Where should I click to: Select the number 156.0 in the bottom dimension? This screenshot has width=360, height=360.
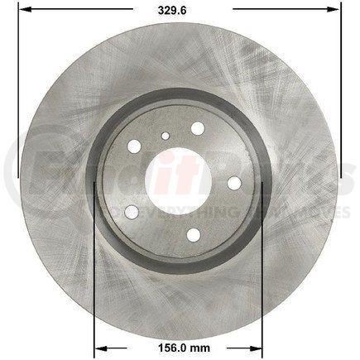tap(162, 348)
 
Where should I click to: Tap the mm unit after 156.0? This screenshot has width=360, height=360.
tap(197, 348)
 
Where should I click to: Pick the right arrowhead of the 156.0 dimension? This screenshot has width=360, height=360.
tap(259, 348)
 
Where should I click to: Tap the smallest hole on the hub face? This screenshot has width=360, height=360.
tap(166, 137)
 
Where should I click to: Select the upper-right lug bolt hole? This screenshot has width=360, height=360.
tap(197, 128)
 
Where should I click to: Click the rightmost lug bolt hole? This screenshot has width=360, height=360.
tap(233, 182)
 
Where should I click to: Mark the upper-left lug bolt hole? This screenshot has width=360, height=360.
tap(134, 148)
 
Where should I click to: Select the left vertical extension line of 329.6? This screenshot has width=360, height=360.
tap(18, 91)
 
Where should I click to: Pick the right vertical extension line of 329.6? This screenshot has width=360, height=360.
tap(340, 91)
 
